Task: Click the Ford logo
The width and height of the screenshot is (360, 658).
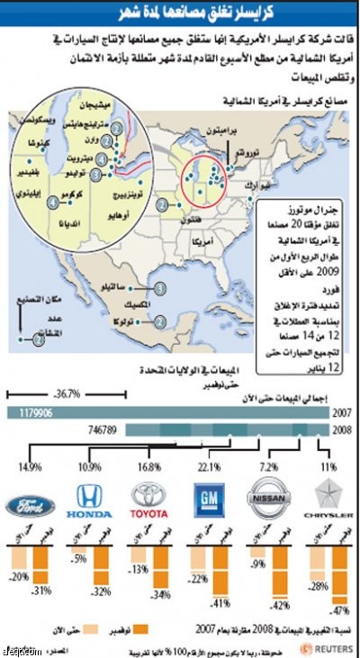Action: click(x=31, y=505)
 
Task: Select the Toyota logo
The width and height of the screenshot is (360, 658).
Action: click(x=148, y=502)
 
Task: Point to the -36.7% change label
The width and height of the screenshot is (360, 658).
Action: click(x=67, y=393)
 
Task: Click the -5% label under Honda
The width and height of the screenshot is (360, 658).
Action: click(x=79, y=557)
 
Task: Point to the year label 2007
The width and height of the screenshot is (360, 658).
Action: click(x=341, y=412)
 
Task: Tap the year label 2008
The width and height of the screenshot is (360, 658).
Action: click(x=341, y=431)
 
